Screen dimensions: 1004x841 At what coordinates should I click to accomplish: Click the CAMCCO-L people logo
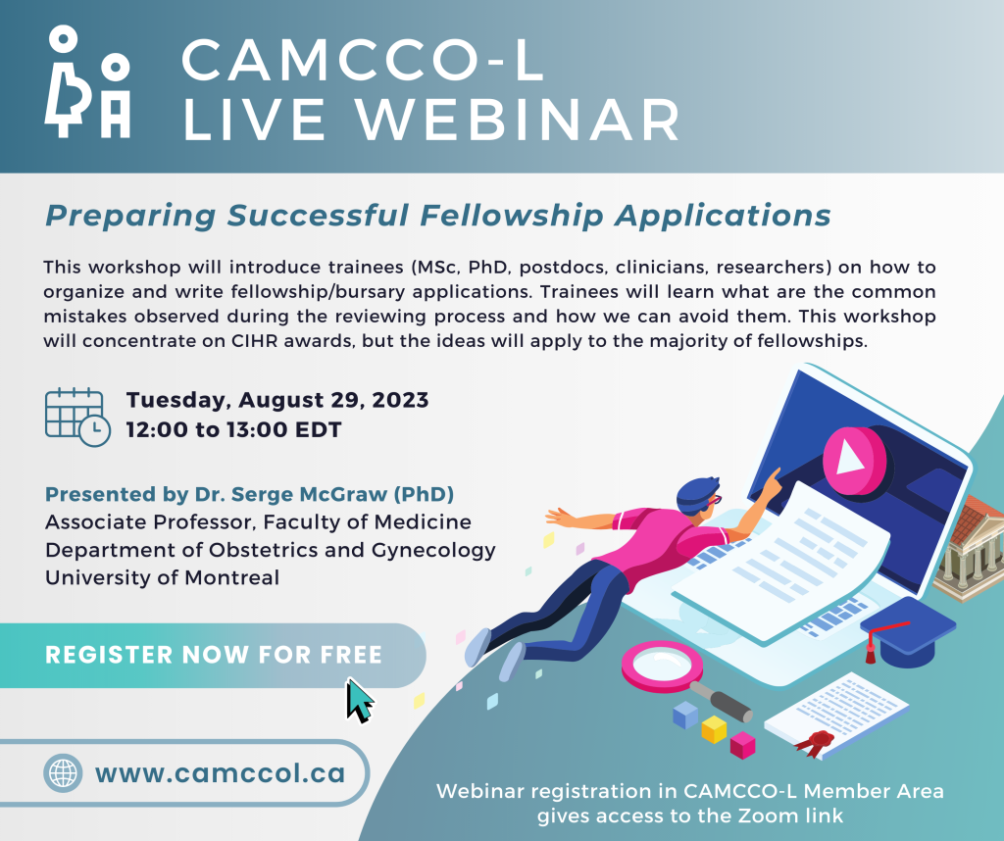click(x=87, y=82)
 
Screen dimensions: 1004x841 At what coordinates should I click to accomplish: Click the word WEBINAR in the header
click(x=519, y=120)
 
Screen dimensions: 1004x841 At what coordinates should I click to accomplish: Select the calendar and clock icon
click(x=77, y=417)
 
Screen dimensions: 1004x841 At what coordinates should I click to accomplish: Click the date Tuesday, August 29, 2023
click(x=277, y=400)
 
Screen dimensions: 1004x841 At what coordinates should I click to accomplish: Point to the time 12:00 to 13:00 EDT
click(x=233, y=429)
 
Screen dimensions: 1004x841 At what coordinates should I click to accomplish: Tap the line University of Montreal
click(x=162, y=577)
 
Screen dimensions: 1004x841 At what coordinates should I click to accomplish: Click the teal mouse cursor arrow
click(x=360, y=701)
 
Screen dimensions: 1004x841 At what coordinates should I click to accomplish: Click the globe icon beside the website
click(x=63, y=773)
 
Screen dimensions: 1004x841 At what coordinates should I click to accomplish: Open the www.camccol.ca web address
click(x=221, y=773)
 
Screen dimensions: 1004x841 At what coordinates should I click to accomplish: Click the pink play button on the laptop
click(x=854, y=460)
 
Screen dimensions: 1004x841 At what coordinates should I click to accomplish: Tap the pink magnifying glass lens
click(x=662, y=667)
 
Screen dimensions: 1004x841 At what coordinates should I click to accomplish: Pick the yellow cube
click(x=714, y=729)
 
